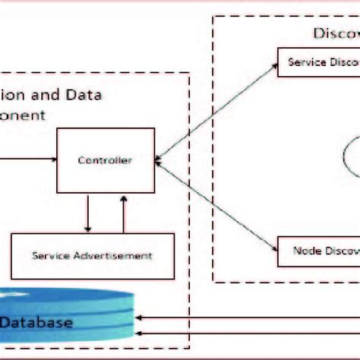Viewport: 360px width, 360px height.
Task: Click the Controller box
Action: pos(106,160)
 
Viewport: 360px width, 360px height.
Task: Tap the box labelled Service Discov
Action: pos(317,62)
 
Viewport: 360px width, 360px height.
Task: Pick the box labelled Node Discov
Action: pos(317,250)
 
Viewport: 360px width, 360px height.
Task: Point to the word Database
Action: pos(36,323)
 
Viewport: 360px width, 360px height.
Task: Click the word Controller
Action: pos(106,160)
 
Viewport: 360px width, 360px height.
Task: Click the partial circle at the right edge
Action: pos(351,159)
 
